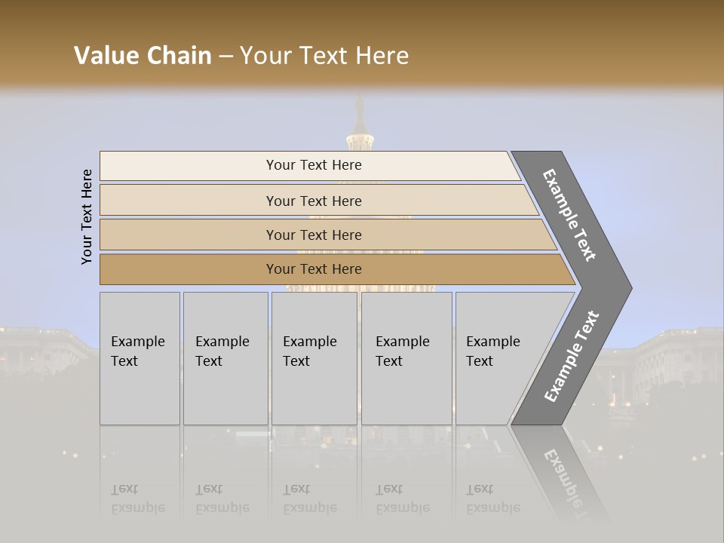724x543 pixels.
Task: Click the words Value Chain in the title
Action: click(143, 56)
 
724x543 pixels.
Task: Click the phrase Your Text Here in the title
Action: click(324, 56)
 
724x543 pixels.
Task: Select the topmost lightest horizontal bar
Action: click(309, 165)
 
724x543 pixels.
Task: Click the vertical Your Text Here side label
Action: click(87, 216)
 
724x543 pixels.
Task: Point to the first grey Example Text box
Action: click(140, 358)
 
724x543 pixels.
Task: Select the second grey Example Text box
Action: click(225, 358)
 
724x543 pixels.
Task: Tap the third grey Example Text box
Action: click(314, 358)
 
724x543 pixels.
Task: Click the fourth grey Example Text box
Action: click(406, 358)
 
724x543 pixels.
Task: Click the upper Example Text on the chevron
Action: click(570, 215)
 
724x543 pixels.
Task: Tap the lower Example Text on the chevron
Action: click(572, 356)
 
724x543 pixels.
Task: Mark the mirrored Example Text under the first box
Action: click(137, 499)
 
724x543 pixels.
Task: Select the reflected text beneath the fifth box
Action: click(492, 499)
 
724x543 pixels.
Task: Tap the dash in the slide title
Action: click(225, 57)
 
